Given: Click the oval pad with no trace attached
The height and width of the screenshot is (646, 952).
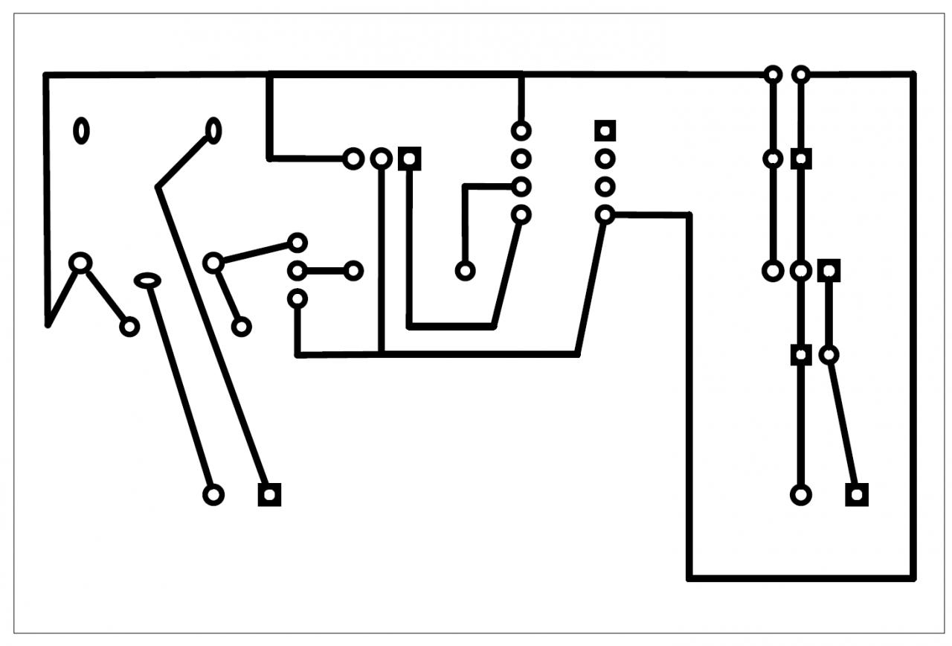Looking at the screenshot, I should tap(81, 130).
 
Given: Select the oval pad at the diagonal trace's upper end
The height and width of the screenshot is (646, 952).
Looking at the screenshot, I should tap(213, 130).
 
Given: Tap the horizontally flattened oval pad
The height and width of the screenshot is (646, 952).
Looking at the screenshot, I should tap(148, 280).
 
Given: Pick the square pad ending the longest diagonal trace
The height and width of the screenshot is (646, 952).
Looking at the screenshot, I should tap(269, 494).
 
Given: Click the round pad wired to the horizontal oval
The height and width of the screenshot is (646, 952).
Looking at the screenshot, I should tap(213, 494).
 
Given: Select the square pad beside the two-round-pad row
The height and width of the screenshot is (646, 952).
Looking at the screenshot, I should tap(409, 159).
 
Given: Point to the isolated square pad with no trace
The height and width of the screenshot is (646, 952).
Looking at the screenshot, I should tap(605, 130).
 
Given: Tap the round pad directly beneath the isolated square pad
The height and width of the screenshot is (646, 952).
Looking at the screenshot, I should tap(605, 159).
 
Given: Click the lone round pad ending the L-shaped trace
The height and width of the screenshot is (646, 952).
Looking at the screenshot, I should tap(466, 271).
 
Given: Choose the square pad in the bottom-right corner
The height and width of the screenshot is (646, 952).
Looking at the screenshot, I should tap(857, 494).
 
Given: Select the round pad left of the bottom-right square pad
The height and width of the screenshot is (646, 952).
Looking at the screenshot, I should tap(800, 494).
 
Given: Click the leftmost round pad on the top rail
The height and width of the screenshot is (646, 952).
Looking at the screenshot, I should tap(773, 74).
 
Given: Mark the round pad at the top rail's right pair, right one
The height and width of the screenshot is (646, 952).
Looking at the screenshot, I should tap(800, 74).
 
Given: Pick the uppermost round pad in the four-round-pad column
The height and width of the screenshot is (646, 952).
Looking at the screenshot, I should tap(521, 130).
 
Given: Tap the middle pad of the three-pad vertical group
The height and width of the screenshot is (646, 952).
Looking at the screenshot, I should tap(297, 271).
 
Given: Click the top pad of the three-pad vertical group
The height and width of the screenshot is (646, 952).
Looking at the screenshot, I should tap(297, 243).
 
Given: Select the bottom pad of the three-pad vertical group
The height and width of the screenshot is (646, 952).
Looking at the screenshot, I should tap(297, 299).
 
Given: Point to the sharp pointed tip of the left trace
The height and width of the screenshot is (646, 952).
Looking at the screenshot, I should tap(48, 324).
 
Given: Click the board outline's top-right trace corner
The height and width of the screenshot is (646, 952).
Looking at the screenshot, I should tap(913, 74).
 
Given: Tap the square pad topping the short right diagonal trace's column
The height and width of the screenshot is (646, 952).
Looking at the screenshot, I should tap(829, 271).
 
